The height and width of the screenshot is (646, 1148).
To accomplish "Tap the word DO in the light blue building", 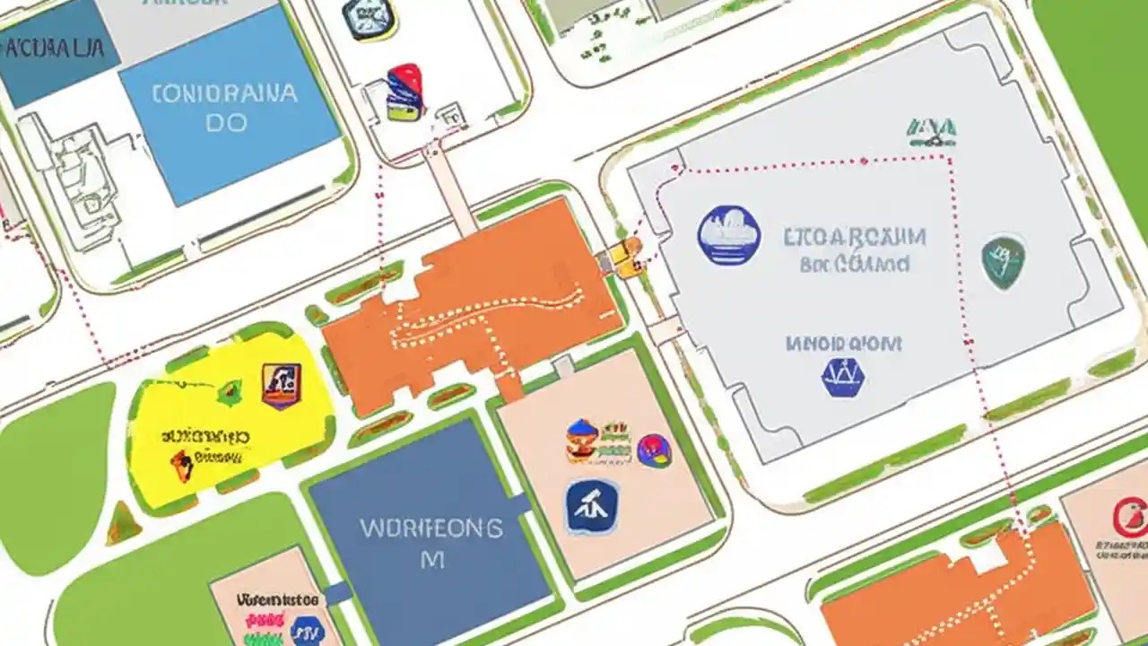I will [225, 123].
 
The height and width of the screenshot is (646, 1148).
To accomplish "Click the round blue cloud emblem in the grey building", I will [728, 235].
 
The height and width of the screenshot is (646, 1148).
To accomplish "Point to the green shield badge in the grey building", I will [1002, 262].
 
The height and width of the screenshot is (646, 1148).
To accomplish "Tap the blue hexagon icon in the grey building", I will [842, 377].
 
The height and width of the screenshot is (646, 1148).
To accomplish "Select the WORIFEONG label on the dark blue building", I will [430, 528].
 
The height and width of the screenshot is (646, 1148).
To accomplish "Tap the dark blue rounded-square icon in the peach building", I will [592, 507].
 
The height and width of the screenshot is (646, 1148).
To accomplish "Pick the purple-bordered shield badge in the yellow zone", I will [282, 386].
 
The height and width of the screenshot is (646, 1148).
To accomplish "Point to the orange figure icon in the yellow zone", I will [182, 465].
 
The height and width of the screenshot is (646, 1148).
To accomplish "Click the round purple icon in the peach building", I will [653, 449].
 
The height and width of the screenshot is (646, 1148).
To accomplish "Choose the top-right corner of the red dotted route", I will [948, 159].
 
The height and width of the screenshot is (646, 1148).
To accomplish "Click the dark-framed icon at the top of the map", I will [370, 18].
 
